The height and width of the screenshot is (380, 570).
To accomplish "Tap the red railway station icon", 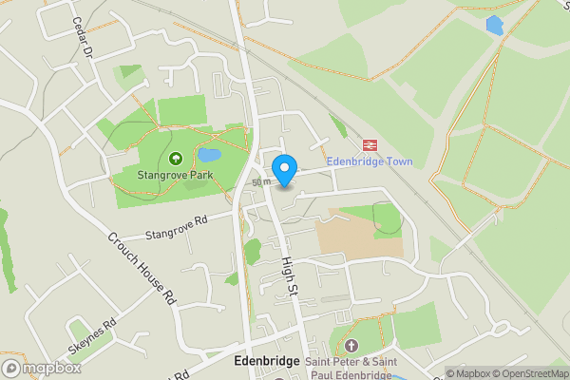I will (367, 145).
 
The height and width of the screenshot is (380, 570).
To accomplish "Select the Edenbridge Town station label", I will (367, 161).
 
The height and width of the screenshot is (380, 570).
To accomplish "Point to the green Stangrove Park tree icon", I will (175, 159).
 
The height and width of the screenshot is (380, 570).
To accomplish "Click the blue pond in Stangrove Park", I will (209, 154).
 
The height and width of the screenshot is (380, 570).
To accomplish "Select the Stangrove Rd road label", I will (177, 229).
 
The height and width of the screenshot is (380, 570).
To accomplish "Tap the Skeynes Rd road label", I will (92, 334).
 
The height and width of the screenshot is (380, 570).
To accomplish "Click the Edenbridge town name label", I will (267, 362).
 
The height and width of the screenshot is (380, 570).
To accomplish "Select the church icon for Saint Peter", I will (351, 344).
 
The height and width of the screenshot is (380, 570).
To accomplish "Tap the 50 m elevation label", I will (261, 181).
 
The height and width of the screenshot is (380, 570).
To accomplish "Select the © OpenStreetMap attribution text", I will (530, 373).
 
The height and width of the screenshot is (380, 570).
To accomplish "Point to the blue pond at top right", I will (494, 26).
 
